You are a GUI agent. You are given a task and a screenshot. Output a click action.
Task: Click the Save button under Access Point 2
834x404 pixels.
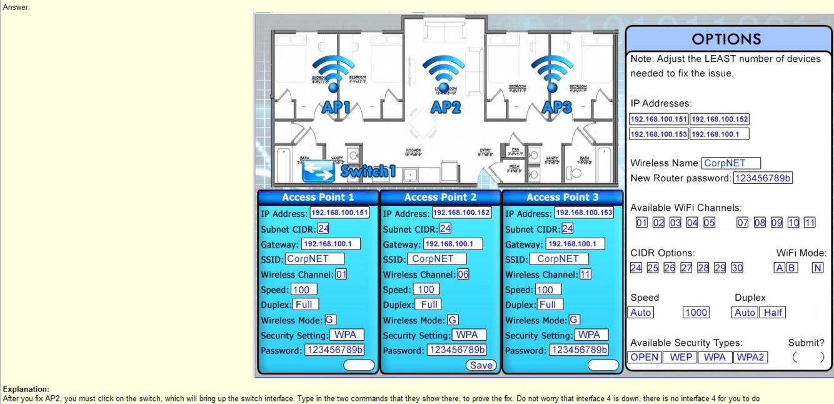coord(481,365)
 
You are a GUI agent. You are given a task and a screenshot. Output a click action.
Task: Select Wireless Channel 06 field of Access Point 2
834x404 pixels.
coord(463,274)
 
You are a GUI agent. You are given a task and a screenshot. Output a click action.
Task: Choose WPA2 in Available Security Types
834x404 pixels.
coord(750,357)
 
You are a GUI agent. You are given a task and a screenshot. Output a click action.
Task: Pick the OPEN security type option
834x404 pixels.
coord(644,357)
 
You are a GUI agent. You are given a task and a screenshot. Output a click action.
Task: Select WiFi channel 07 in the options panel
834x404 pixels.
coord(742,223)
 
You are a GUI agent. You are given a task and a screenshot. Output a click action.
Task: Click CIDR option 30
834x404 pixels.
coord(737,268)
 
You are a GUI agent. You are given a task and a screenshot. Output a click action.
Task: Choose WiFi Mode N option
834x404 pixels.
coord(817,268)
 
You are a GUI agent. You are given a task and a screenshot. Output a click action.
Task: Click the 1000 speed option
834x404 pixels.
coord(696,313)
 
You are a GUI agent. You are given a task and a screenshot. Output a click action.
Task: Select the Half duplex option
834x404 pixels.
coord(773,313)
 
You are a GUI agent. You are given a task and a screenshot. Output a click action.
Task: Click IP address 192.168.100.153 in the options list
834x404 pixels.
coord(658,134)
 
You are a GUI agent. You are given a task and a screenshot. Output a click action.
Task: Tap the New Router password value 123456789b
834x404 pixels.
coord(763,178)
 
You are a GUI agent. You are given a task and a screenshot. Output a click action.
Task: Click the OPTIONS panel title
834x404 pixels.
coord(726,39)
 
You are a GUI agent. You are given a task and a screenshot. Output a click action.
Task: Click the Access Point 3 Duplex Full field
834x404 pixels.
coord(547,305)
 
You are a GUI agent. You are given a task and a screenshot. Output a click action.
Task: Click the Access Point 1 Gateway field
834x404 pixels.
coord(331,244)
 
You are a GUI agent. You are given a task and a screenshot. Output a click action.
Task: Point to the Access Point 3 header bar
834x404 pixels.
coord(562,197)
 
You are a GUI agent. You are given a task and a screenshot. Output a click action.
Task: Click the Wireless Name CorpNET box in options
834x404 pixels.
coord(731,163)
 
